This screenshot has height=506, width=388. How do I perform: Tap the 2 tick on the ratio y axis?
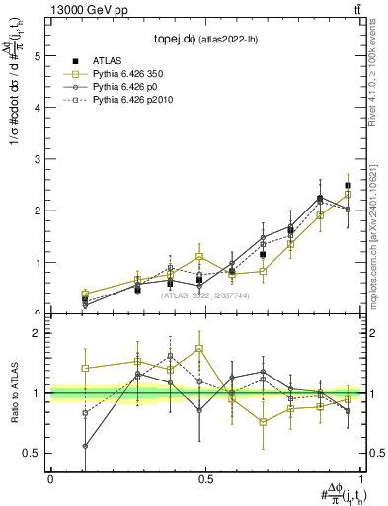[38, 333]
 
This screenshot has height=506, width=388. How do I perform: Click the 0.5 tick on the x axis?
[204, 478]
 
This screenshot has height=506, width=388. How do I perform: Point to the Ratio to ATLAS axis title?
[13, 392]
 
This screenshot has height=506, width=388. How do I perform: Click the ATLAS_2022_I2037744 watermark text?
[204, 295]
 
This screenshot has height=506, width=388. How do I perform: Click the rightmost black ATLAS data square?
[348, 186]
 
